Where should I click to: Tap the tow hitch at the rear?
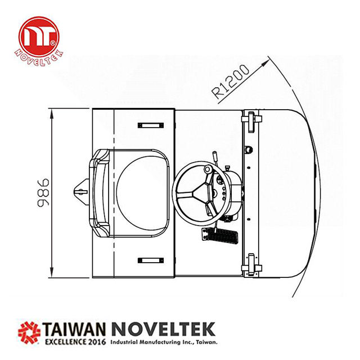80,192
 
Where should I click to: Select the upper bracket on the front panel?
250,120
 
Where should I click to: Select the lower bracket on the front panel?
250,264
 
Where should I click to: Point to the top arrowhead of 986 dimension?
52,112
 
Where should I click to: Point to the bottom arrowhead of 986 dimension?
52,275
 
